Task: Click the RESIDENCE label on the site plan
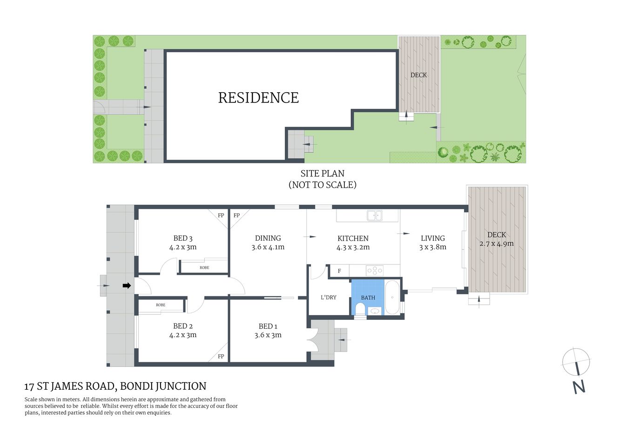(x=258, y=98)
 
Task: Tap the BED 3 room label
(x=183, y=238)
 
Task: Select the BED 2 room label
(x=183, y=326)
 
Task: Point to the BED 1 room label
(x=268, y=326)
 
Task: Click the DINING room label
(x=268, y=238)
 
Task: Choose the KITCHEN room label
(x=353, y=238)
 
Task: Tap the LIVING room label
(x=433, y=238)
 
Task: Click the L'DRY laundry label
(x=329, y=298)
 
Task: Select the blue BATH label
(x=368, y=298)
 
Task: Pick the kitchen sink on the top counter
(x=374, y=216)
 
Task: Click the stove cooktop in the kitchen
(x=374, y=271)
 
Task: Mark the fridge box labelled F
(x=339, y=271)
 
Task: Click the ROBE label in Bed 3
(x=204, y=268)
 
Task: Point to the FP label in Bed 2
(x=221, y=357)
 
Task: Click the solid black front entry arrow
(x=126, y=286)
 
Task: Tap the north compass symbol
(x=576, y=362)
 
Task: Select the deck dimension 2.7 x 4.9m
(x=497, y=244)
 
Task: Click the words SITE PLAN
(x=322, y=174)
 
